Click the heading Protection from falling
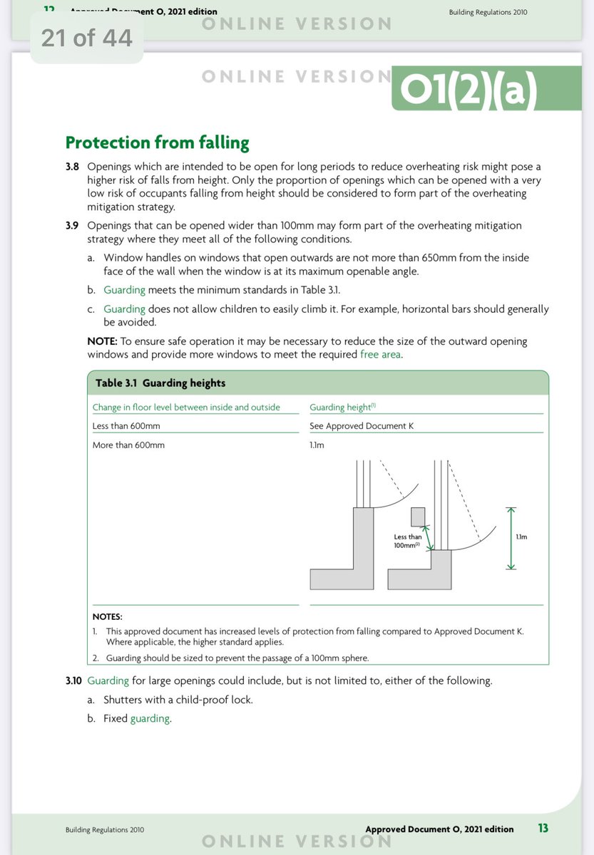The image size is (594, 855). [x=157, y=142]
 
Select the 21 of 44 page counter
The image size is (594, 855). [x=87, y=37]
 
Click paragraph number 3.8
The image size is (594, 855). [x=73, y=167]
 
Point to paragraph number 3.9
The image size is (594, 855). [x=73, y=225]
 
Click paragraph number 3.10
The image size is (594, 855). [x=74, y=680]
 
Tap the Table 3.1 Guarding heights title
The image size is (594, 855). [x=160, y=383]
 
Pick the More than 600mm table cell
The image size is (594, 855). [x=129, y=445]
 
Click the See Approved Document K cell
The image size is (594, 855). [x=362, y=426]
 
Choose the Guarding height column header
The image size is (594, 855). [x=340, y=408]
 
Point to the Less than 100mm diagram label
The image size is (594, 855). [x=408, y=541]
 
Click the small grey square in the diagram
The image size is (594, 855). [x=418, y=516]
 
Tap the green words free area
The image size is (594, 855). [x=380, y=354]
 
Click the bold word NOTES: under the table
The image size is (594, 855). [x=108, y=616]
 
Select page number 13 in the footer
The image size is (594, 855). [x=543, y=829]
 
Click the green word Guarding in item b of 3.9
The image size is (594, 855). [x=124, y=290]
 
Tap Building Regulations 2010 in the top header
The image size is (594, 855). [x=488, y=12]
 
